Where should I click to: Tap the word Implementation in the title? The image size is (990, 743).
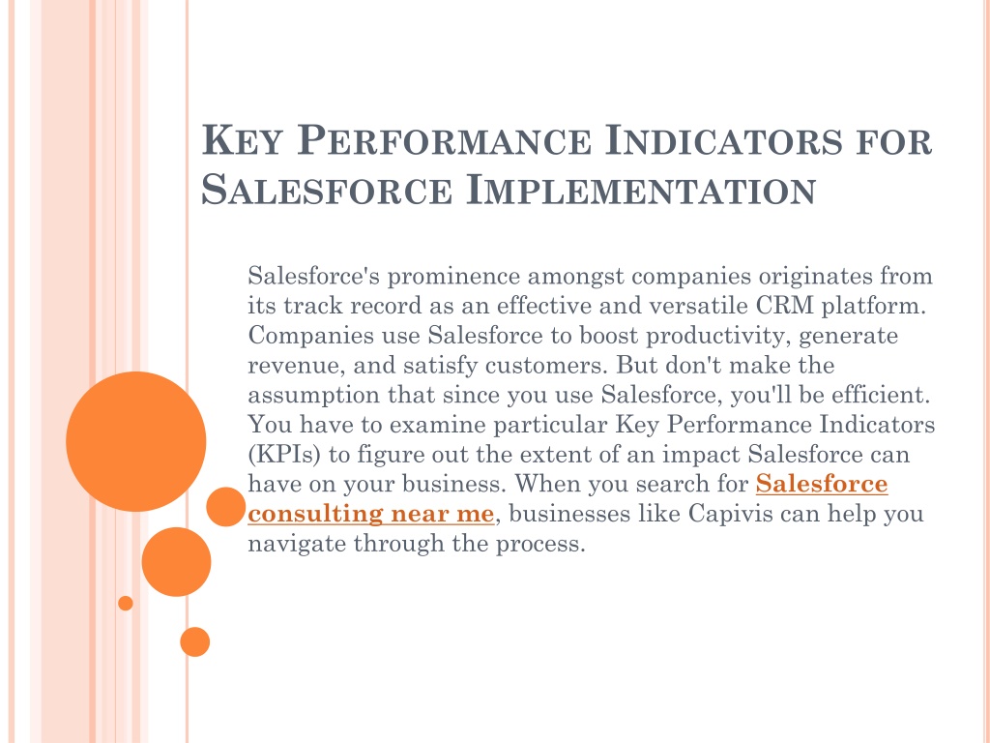tap(641, 190)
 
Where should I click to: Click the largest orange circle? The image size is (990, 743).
tap(135, 441)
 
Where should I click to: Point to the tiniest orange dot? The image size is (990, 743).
tap(126, 604)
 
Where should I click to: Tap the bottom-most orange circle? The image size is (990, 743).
tap(194, 642)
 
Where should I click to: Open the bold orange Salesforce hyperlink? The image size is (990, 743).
tap(822, 484)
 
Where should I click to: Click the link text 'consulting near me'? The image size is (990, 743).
tap(370, 514)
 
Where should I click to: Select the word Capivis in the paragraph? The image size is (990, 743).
tap(731, 513)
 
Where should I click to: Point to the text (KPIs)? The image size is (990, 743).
tap(285, 455)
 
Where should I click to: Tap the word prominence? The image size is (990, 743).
tap(453, 276)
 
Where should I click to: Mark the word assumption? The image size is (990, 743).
tap(314, 395)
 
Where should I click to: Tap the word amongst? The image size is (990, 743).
tap(575, 276)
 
